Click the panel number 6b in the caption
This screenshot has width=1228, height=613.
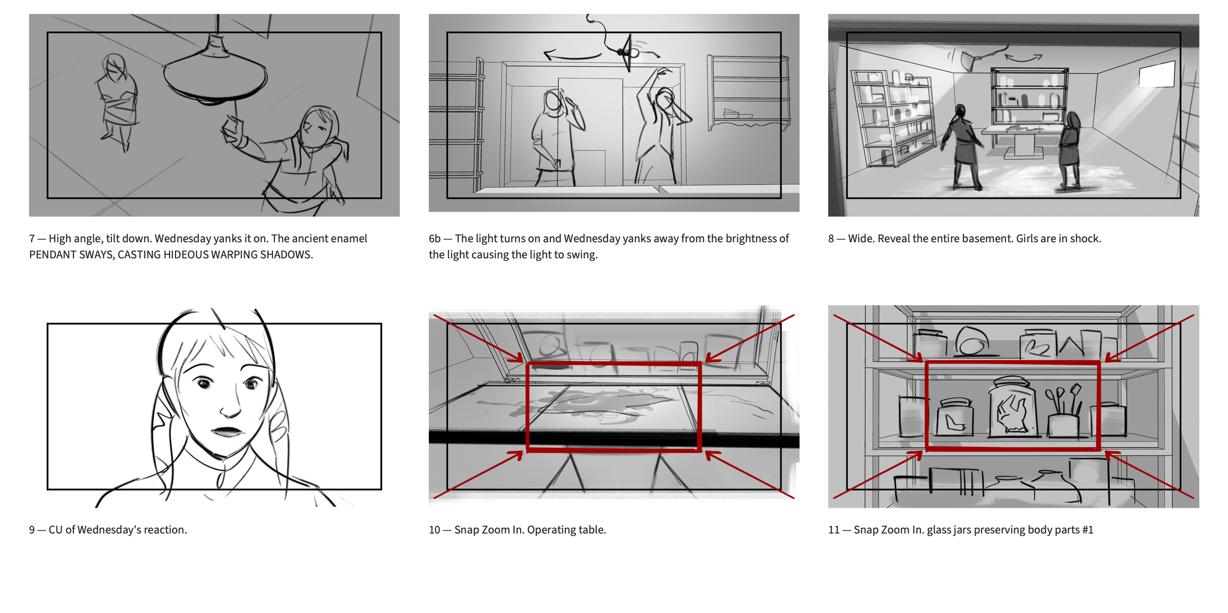(435, 239)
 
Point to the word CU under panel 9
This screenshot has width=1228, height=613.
(56, 530)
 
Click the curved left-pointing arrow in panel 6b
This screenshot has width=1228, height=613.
(572, 55)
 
